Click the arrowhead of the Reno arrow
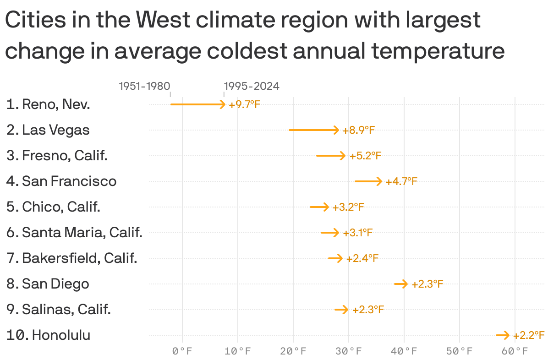(x=223, y=104)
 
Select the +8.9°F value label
(x=359, y=130)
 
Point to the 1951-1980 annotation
(x=144, y=86)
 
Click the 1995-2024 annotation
(x=252, y=86)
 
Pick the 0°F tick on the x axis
(x=182, y=351)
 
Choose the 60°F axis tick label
(x=515, y=351)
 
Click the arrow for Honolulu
(x=503, y=335)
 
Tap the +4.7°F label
(x=401, y=182)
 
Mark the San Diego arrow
(x=401, y=284)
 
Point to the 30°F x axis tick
(x=349, y=351)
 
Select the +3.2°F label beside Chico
(x=348, y=207)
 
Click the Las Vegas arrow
(x=314, y=130)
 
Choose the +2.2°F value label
(x=529, y=335)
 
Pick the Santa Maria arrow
(x=330, y=233)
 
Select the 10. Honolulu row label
(x=48, y=335)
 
